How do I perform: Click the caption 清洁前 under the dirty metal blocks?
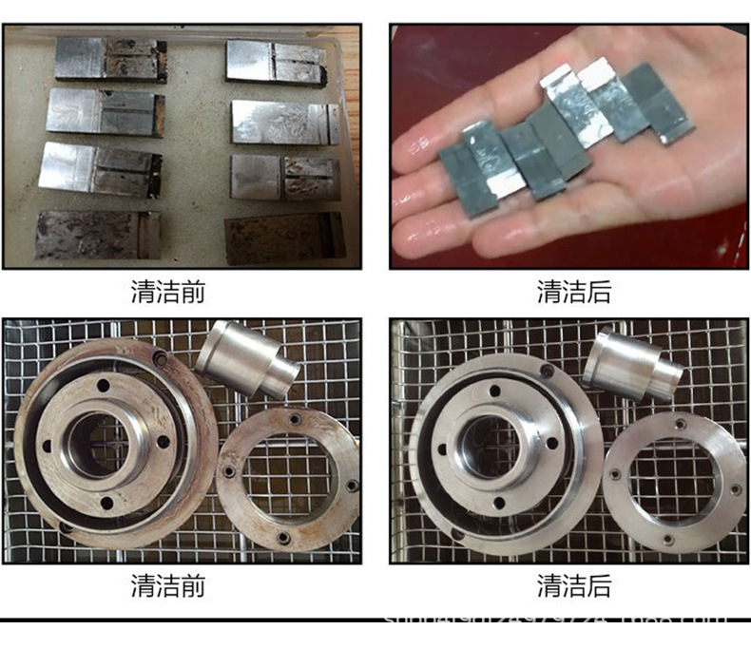167,292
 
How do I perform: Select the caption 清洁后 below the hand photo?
573,292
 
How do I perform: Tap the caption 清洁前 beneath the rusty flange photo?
167,585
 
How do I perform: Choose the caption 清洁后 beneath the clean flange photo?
573,585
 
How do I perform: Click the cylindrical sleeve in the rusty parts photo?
246,358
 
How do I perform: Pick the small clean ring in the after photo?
675,480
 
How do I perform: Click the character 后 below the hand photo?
599,292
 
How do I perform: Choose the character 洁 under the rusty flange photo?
167,585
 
